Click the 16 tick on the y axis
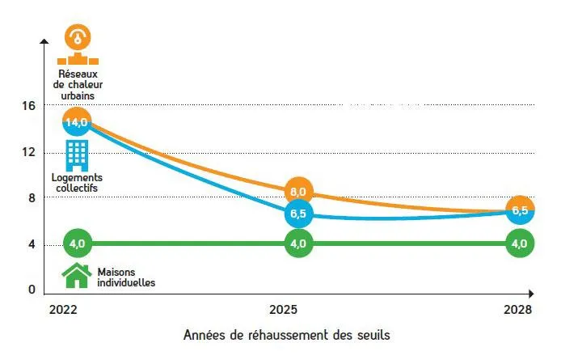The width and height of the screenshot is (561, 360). coord(28,105)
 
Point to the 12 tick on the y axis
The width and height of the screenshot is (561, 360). coord(28,151)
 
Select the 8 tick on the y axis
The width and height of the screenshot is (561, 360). coord(31,197)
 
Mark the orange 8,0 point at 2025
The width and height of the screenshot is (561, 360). coord(298,192)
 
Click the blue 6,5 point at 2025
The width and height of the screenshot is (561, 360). coord(298,215)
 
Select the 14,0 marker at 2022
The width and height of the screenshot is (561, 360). coord(76,122)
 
